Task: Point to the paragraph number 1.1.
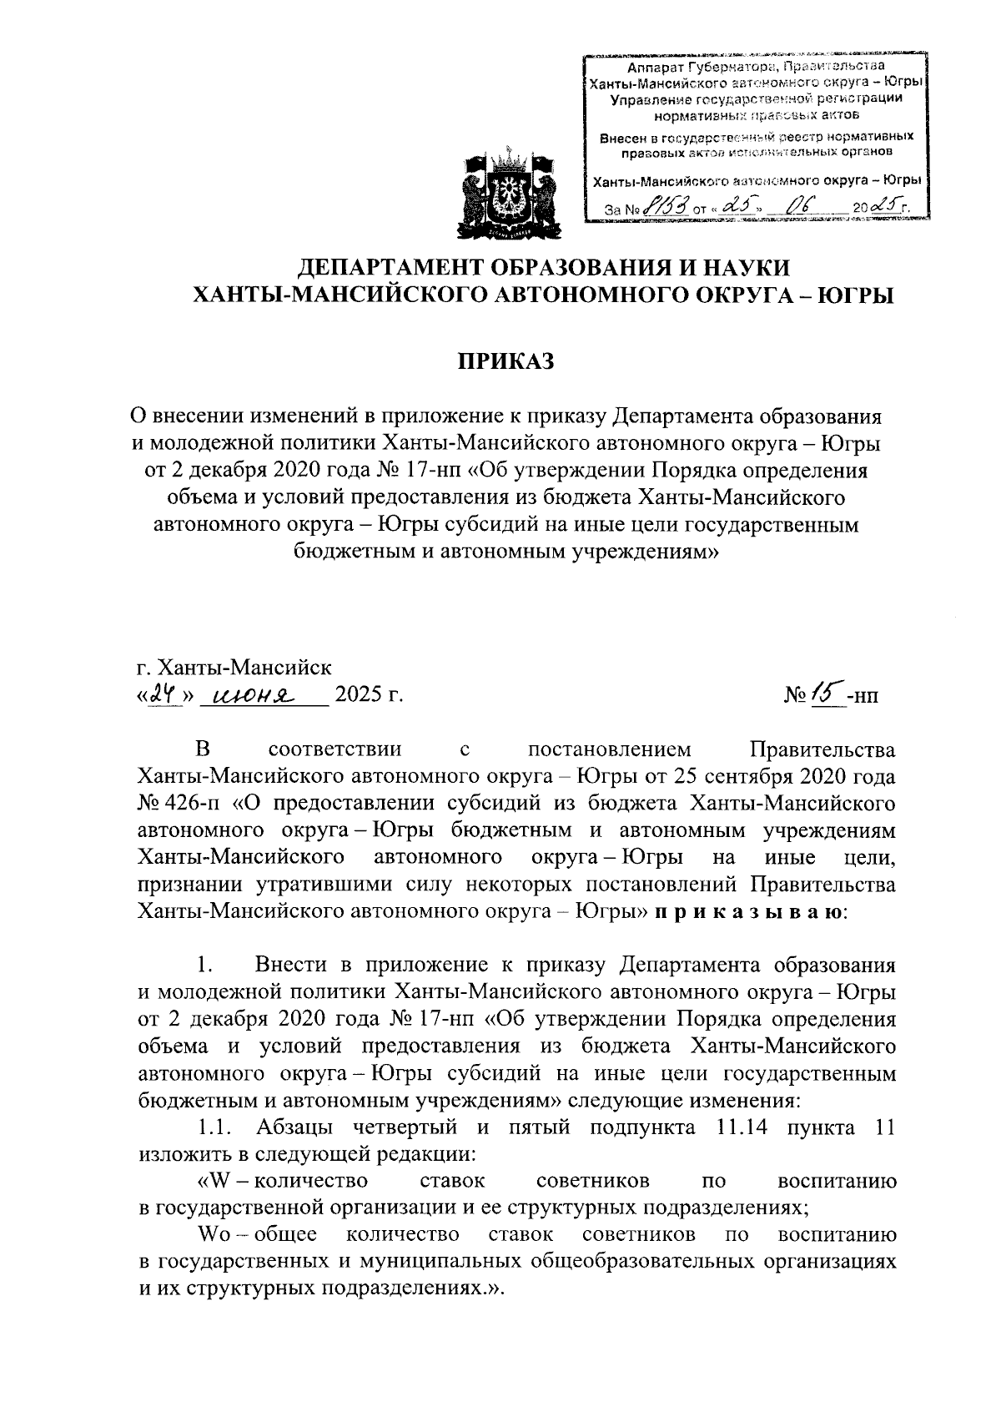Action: click(x=215, y=1129)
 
